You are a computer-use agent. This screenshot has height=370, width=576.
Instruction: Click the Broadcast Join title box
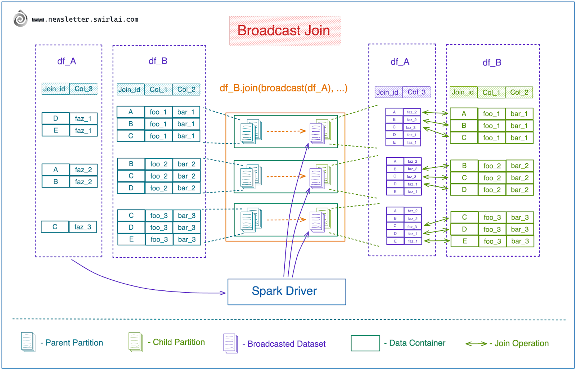click(284, 31)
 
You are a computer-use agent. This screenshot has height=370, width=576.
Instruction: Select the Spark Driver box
click(287, 292)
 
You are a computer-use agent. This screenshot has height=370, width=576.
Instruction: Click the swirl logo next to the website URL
click(21, 18)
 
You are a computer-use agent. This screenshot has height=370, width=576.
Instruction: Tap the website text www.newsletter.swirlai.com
click(85, 19)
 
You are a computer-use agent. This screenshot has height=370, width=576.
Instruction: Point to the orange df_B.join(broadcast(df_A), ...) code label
click(283, 88)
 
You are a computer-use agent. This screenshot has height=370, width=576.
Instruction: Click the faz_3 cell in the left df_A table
click(83, 227)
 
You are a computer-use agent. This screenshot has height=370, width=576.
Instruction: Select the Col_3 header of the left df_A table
click(83, 89)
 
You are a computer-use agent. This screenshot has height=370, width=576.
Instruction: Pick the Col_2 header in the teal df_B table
click(186, 90)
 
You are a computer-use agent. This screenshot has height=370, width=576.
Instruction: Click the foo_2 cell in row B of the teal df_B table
click(159, 164)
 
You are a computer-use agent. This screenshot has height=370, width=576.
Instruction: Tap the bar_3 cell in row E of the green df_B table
click(520, 241)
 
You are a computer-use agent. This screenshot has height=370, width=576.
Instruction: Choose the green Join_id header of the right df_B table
click(463, 92)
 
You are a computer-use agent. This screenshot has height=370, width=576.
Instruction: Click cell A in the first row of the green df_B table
click(464, 114)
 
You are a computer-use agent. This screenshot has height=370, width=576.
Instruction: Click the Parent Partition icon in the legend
click(28, 342)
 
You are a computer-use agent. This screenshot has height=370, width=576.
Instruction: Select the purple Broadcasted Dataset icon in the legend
click(230, 343)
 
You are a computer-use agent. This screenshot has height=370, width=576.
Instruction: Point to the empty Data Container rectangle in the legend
click(365, 343)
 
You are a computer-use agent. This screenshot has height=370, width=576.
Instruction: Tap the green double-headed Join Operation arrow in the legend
click(476, 344)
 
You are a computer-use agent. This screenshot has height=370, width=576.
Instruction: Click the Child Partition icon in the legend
click(136, 342)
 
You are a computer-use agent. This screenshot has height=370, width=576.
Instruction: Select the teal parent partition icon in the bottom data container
click(251, 220)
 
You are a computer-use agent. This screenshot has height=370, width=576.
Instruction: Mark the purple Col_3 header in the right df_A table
click(417, 92)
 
